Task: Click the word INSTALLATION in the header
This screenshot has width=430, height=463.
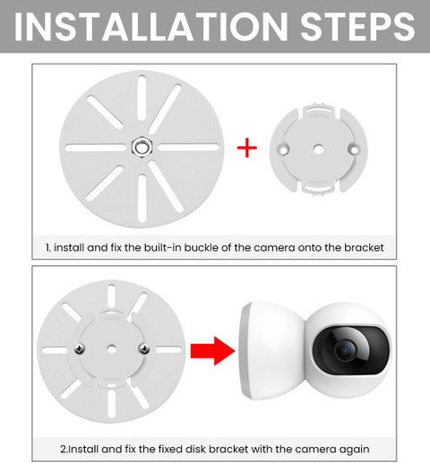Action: [150, 27]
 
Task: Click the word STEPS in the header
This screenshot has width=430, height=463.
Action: [357, 27]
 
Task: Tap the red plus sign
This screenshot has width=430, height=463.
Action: [246, 148]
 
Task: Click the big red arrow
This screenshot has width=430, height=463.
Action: [213, 351]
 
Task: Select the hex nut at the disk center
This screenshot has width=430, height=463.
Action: [142, 147]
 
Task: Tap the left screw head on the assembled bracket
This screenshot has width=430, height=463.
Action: [80, 348]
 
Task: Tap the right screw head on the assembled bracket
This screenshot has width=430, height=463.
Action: [144, 348]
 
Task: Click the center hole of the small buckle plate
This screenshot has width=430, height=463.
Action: [318, 149]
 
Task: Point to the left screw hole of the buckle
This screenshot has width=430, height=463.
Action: [283, 150]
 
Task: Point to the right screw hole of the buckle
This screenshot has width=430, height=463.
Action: [354, 150]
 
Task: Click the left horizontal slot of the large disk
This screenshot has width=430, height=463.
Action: [96, 148]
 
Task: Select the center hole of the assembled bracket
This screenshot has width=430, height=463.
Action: [112, 348]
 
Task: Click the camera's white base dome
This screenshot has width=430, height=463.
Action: [271, 350]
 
